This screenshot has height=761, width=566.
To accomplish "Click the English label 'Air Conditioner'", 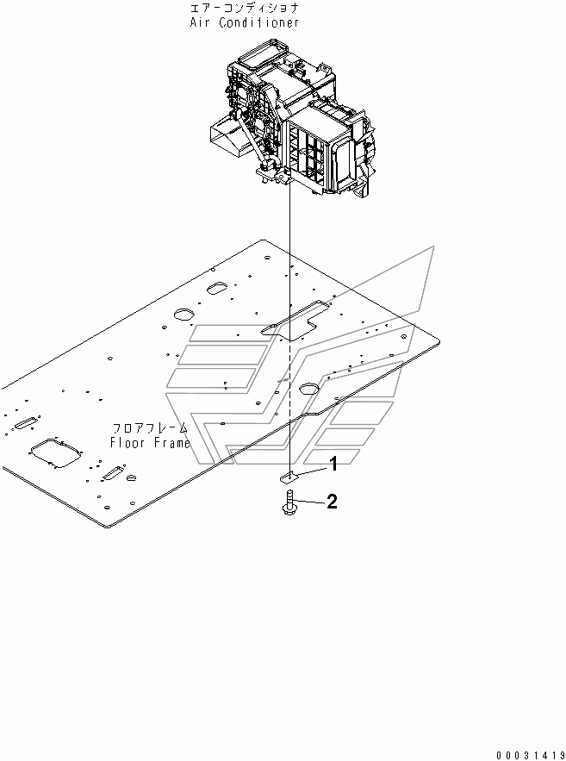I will point(245,22).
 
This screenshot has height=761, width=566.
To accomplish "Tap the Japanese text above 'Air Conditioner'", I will point(245,8).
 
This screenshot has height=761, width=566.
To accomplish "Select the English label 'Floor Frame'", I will point(149,443).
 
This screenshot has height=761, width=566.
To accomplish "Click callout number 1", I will point(331,465).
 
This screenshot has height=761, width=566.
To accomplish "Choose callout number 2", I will point(332,502).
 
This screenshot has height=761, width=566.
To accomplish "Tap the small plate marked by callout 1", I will point(290,476).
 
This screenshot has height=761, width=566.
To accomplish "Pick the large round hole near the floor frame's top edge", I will point(185,315).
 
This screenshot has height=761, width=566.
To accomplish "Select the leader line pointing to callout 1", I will point(310,471).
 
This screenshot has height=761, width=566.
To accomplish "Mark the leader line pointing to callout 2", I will point(310,502).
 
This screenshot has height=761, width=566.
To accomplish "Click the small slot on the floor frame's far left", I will point(24,422).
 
